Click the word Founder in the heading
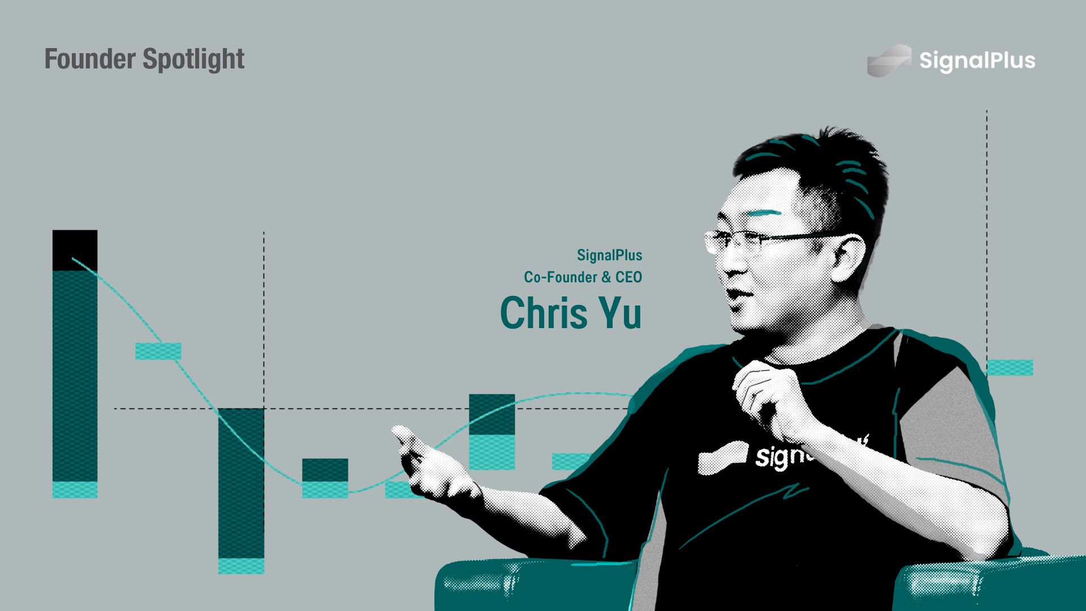tap(90, 59)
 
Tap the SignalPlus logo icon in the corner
tap(889, 61)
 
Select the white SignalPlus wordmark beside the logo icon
tap(977, 61)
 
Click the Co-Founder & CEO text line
tap(583, 277)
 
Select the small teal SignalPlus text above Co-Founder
tap(610, 255)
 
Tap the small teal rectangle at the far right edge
tap(1010, 368)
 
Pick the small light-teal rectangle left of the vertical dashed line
tap(158, 351)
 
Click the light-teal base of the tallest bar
tap(75, 490)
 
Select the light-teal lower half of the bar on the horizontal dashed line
tap(492, 452)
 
